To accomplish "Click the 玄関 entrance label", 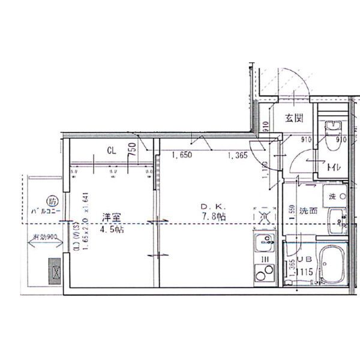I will click(x=293, y=118).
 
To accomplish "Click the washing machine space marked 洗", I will click(x=335, y=196).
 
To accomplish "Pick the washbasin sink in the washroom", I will click(x=337, y=221).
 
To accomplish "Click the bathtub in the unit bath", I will click(x=332, y=266).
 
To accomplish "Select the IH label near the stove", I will click(x=263, y=259).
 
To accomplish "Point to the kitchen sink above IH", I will click(x=263, y=244).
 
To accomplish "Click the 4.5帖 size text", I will click(x=111, y=230).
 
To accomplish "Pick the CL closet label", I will click(x=112, y=151).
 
